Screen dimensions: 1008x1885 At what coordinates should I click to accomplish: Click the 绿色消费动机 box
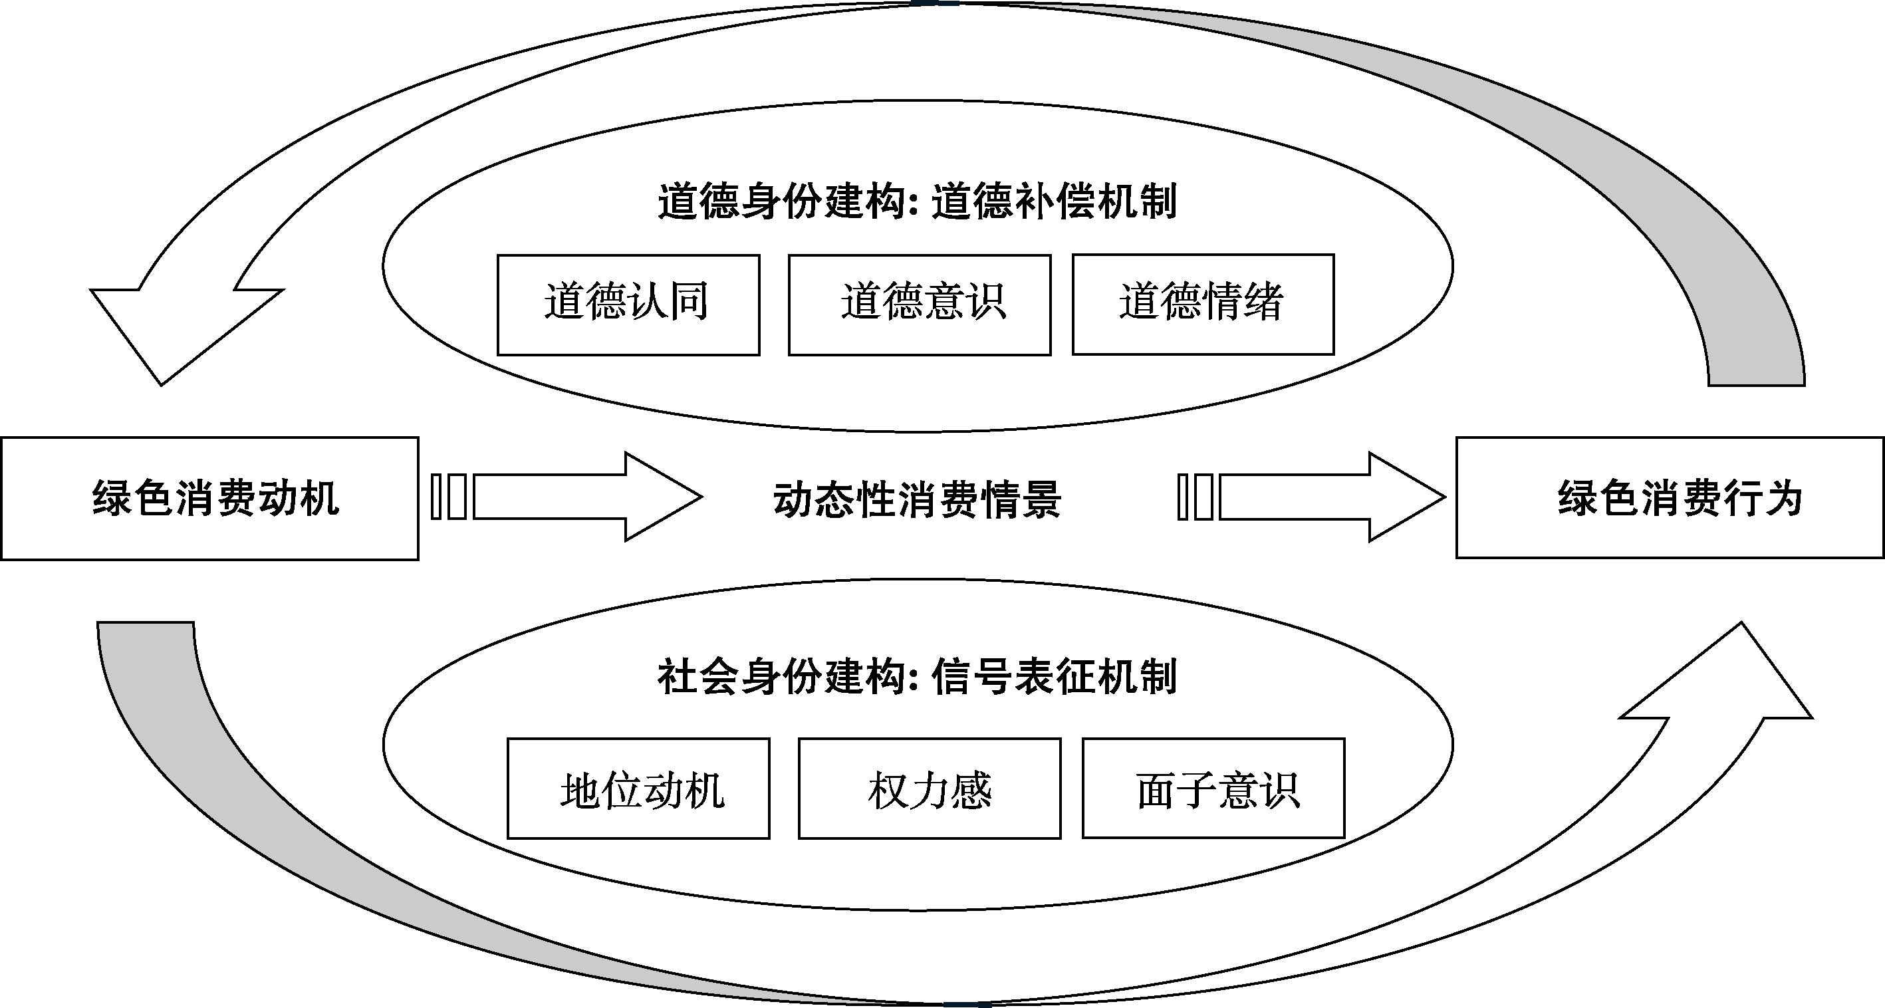pyautogui.click(x=210, y=499)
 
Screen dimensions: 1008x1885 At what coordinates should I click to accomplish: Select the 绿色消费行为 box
pyautogui.click(x=1670, y=498)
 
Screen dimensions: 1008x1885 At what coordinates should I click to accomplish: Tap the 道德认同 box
pyautogui.click(x=628, y=305)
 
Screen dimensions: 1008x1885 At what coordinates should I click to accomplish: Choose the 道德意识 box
pyautogui.click(x=919, y=305)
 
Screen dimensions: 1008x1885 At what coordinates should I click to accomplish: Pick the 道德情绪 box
pyautogui.click(x=1203, y=305)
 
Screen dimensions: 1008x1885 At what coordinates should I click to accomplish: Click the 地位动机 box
pyautogui.click(x=638, y=789)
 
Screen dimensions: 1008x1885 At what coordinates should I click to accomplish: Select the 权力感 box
pyautogui.click(x=930, y=789)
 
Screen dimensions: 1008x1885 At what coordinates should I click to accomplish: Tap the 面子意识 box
pyautogui.click(x=1213, y=789)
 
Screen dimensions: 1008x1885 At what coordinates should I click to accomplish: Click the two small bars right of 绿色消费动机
pyautogui.click(x=449, y=497)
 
